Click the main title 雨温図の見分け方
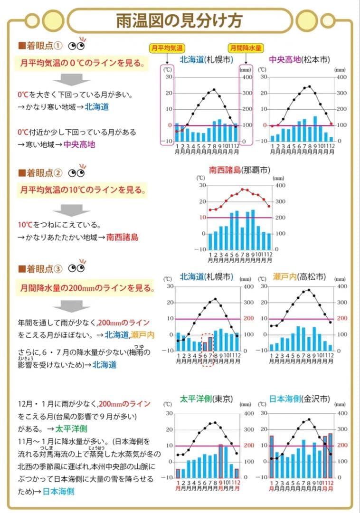(180, 21)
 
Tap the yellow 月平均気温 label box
(167, 48)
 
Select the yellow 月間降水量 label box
(246, 48)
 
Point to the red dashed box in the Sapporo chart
(208, 349)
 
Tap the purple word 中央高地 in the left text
(79, 144)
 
